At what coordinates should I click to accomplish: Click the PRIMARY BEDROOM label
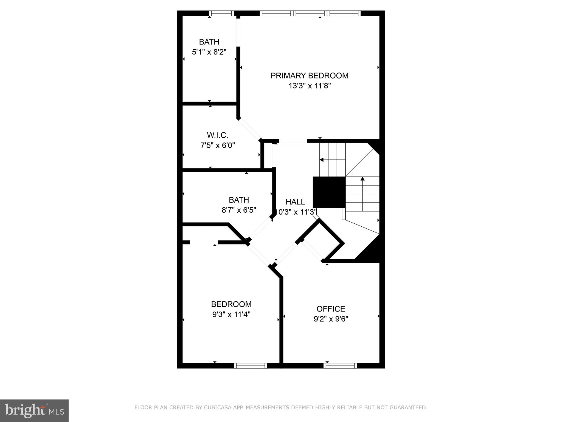(309, 76)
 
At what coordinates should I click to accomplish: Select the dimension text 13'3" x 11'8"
(309, 86)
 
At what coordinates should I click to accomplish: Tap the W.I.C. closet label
(217, 135)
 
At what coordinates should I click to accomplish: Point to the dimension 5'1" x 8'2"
(209, 52)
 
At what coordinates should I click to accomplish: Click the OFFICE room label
(331, 309)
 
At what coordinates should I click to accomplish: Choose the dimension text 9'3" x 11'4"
(231, 314)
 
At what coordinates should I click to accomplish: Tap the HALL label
(295, 202)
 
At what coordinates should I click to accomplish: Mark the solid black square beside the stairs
(329, 192)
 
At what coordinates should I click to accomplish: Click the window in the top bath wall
(221, 13)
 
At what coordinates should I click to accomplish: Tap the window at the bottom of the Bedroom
(250, 365)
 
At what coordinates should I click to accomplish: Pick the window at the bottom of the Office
(340, 365)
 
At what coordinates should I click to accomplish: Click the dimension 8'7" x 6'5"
(239, 210)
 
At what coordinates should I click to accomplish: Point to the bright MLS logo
(34, 410)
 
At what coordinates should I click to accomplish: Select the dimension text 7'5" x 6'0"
(217, 145)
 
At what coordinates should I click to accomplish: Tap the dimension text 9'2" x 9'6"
(331, 319)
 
